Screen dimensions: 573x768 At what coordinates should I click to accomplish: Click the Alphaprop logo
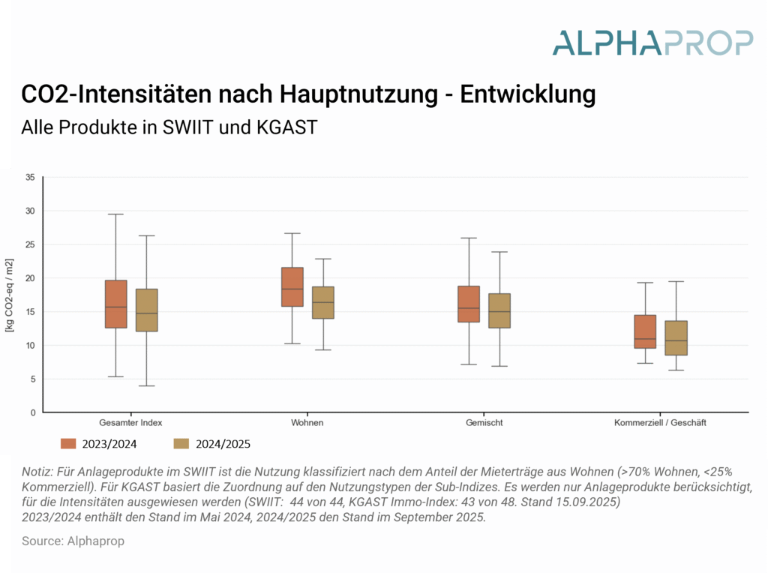click(652, 42)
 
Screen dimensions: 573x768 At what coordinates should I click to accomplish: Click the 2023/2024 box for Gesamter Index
click(116, 304)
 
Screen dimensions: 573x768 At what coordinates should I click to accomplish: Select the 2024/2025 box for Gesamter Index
click(146, 310)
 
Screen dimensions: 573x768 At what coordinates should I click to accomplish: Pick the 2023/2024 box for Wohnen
click(292, 286)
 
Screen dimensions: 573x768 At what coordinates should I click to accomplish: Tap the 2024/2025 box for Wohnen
click(322, 302)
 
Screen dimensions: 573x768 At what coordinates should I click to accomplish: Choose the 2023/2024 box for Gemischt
click(469, 304)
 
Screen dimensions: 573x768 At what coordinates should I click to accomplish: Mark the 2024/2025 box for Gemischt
click(499, 310)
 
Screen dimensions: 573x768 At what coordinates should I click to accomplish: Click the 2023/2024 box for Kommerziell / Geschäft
click(645, 331)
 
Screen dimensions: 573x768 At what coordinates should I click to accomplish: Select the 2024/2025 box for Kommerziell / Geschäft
click(676, 337)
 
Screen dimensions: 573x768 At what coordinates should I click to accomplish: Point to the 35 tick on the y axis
click(30, 177)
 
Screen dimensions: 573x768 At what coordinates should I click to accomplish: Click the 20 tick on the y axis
click(30, 278)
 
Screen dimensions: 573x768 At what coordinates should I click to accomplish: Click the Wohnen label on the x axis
click(307, 423)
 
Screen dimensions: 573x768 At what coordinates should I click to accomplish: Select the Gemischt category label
click(484, 423)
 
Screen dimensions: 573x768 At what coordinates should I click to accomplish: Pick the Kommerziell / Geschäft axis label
click(660, 423)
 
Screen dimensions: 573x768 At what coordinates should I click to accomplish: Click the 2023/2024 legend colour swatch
click(70, 443)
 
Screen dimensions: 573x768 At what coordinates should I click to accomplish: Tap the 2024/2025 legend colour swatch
click(181, 443)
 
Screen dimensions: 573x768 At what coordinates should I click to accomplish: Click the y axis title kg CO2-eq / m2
click(9, 295)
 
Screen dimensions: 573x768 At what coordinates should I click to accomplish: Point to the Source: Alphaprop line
click(73, 541)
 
